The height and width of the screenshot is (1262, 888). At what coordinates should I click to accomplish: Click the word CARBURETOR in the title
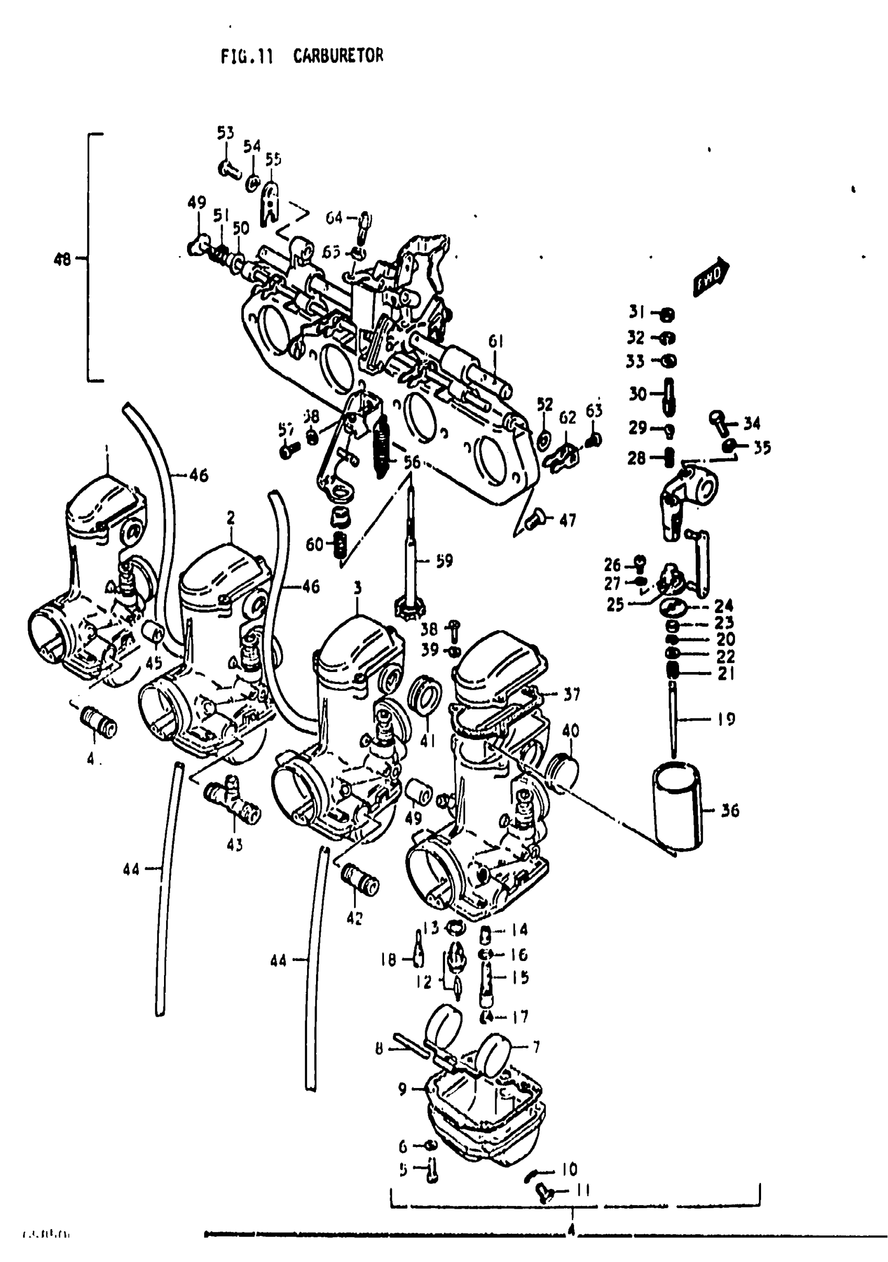tap(338, 56)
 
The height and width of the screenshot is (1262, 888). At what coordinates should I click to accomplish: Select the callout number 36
tap(730, 810)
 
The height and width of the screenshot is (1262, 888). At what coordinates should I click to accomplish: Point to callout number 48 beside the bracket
tap(62, 259)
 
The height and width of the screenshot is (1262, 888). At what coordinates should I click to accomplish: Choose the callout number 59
tap(444, 561)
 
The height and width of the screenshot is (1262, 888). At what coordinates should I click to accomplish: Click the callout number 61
tap(496, 341)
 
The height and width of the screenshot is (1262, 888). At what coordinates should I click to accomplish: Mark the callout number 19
tap(727, 719)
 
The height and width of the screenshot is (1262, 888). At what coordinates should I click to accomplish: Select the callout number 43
tap(235, 844)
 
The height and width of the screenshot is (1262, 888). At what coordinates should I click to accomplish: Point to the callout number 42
tap(355, 918)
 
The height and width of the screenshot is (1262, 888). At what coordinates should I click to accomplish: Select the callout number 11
tap(582, 1190)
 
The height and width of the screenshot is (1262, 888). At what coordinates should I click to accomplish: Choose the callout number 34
tap(752, 423)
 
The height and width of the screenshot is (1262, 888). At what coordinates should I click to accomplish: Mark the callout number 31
tap(637, 312)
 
